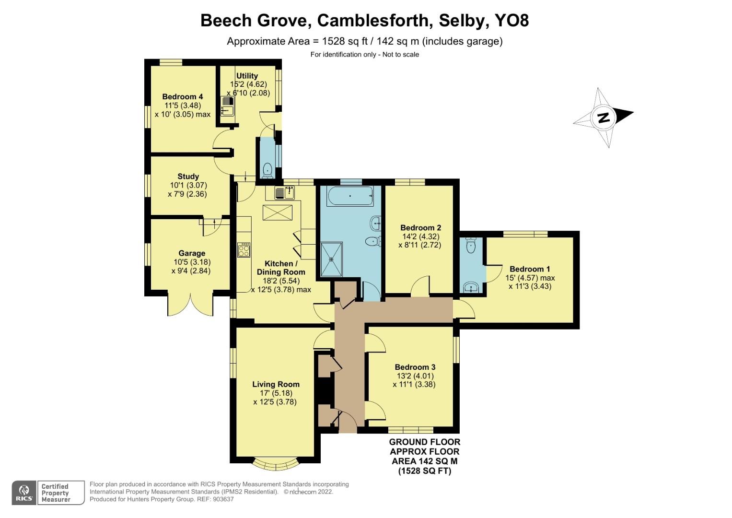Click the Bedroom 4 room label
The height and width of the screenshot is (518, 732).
coord(182,96)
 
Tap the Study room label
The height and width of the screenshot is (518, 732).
coord(188,177)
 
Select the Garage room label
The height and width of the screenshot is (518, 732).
coord(192,253)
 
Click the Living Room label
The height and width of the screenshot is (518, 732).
coord(276,384)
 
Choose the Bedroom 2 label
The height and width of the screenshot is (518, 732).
coord(420,228)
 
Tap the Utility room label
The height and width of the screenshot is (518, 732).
coord(247,76)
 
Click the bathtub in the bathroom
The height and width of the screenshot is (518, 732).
coord(349,196)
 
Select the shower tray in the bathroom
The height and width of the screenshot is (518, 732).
coord(331,259)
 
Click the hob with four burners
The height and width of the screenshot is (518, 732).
coord(244,250)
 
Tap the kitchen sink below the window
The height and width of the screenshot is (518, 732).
coord(284,193)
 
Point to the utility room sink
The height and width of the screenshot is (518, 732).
coord(226,106)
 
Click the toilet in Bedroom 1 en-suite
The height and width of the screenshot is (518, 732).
coord(470,245)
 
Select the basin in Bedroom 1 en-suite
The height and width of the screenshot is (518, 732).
coord(471,287)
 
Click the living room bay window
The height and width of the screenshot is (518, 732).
coord(276,463)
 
